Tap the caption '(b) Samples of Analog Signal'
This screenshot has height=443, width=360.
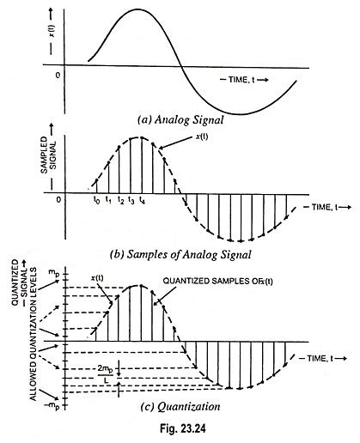pos(191,256)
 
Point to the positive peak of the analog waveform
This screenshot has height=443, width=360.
pos(137,9)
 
